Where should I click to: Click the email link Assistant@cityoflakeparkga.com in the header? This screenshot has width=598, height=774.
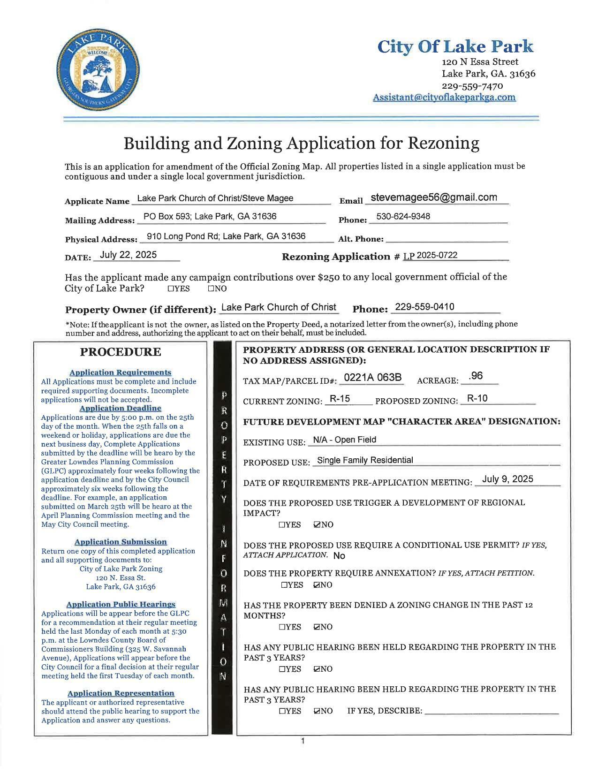444,97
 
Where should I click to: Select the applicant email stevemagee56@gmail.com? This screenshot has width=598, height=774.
434,197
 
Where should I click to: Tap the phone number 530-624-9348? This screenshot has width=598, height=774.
403,216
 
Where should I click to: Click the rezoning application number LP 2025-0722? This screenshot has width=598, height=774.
430,255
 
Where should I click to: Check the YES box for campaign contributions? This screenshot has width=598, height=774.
171,288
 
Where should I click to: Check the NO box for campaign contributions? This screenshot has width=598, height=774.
211,288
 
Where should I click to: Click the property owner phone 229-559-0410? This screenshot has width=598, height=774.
424,307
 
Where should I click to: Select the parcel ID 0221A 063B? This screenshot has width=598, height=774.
372,378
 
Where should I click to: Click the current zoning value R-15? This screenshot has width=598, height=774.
340,399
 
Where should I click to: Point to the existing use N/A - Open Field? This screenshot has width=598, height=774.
344,440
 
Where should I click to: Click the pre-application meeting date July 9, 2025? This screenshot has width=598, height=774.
507,479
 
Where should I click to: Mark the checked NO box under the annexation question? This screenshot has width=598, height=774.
317,585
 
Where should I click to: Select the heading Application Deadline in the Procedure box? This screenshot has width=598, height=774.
120,408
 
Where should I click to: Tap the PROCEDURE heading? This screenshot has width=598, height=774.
120,352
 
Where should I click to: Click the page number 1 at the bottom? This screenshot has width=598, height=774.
303,741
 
